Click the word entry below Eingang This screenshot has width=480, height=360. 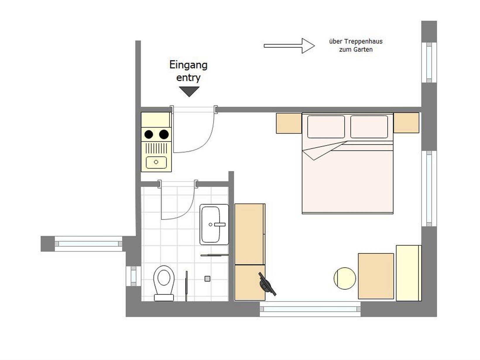pyautogui.click(x=188, y=78)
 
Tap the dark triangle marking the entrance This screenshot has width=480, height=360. pyautogui.click(x=189, y=91)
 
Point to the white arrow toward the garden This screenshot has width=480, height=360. pyautogui.click(x=289, y=46)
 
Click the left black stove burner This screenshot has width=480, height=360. pyautogui.click(x=149, y=134)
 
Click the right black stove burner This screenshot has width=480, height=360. pyautogui.click(x=164, y=134)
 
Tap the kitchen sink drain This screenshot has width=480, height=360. pyautogui.click(x=156, y=162)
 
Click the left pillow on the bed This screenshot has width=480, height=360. pyautogui.click(x=326, y=127)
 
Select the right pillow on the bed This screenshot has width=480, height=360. pyautogui.click(x=369, y=127)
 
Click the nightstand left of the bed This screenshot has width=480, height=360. pyautogui.click(x=289, y=123)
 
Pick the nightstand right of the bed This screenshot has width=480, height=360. pyautogui.click(x=406, y=123)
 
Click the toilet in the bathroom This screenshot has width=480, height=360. pyautogui.click(x=164, y=283)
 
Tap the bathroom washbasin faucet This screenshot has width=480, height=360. pyautogui.click(x=220, y=224)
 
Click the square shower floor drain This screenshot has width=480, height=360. pyautogui.click(x=207, y=279)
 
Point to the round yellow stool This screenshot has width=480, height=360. pyautogui.click(x=345, y=278)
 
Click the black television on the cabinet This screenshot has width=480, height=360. pyautogui.click(x=267, y=284)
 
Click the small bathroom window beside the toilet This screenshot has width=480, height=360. pyautogui.click(x=133, y=276)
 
